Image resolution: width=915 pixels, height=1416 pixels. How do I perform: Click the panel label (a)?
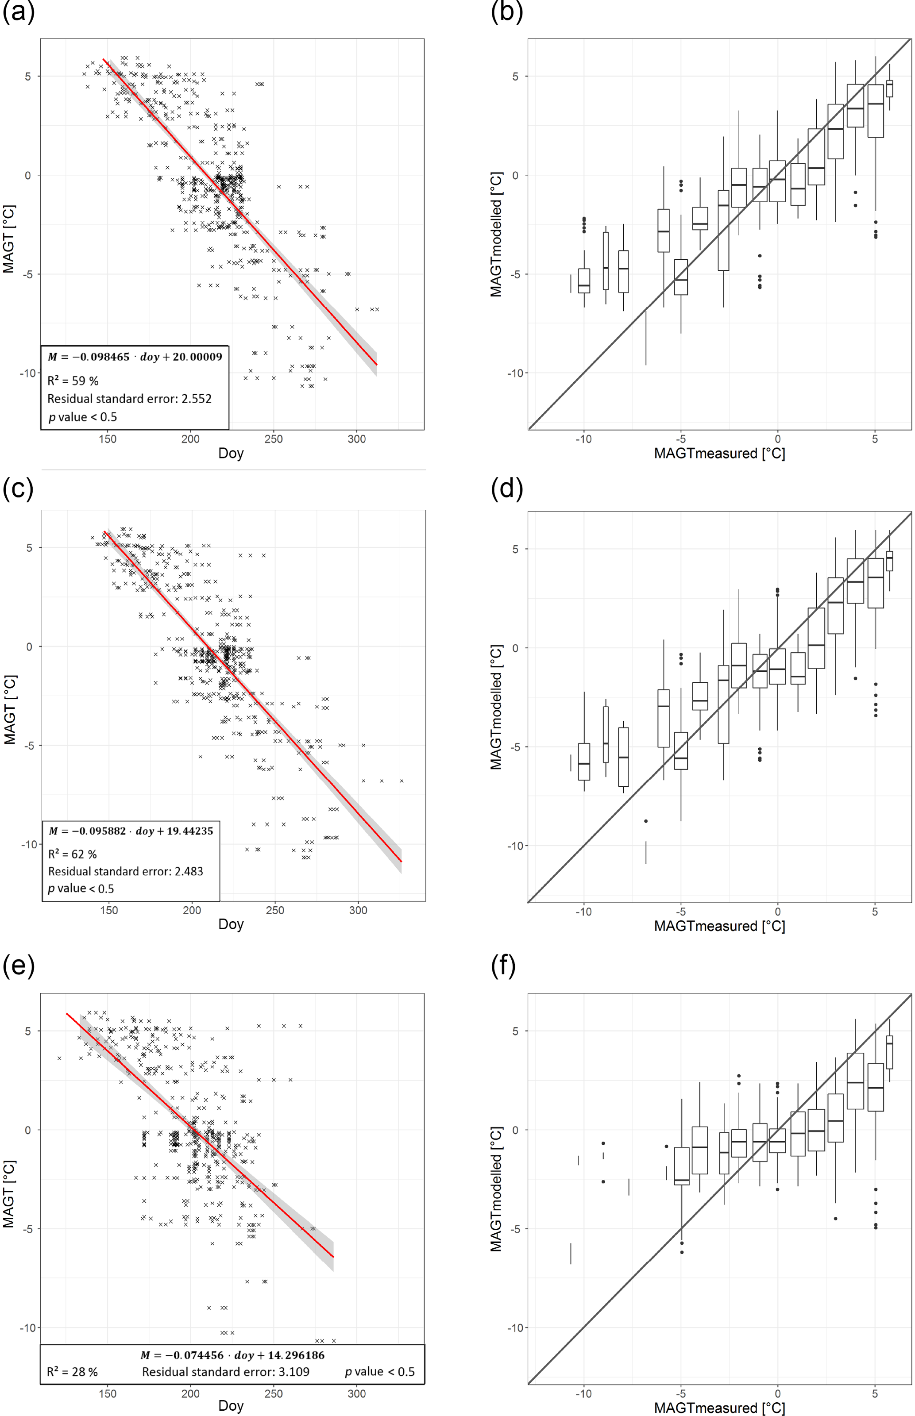[19, 12]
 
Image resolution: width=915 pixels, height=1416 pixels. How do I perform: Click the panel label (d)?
[507, 488]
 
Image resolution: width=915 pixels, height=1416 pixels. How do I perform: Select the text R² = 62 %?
[73, 854]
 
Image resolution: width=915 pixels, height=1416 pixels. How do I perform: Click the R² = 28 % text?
[73, 1372]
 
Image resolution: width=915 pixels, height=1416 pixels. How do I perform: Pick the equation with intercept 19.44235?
[131, 831]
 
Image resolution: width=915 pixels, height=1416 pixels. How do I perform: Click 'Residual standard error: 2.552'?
[130, 399]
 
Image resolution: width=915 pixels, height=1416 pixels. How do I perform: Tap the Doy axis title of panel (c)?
[231, 924]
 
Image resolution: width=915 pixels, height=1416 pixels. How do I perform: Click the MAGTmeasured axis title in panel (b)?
[719, 454]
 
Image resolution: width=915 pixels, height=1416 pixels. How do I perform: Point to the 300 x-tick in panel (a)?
[356, 439]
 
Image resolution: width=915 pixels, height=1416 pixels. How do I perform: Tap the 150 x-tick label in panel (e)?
[108, 1394]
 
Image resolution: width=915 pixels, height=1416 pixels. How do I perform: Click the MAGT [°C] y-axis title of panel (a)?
[9, 239]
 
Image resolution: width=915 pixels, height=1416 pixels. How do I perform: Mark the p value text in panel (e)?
[380, 1372]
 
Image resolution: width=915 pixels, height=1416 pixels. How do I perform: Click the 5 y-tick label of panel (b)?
[515, 77]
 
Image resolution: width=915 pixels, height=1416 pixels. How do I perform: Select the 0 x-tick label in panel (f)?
[777, 1394]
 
